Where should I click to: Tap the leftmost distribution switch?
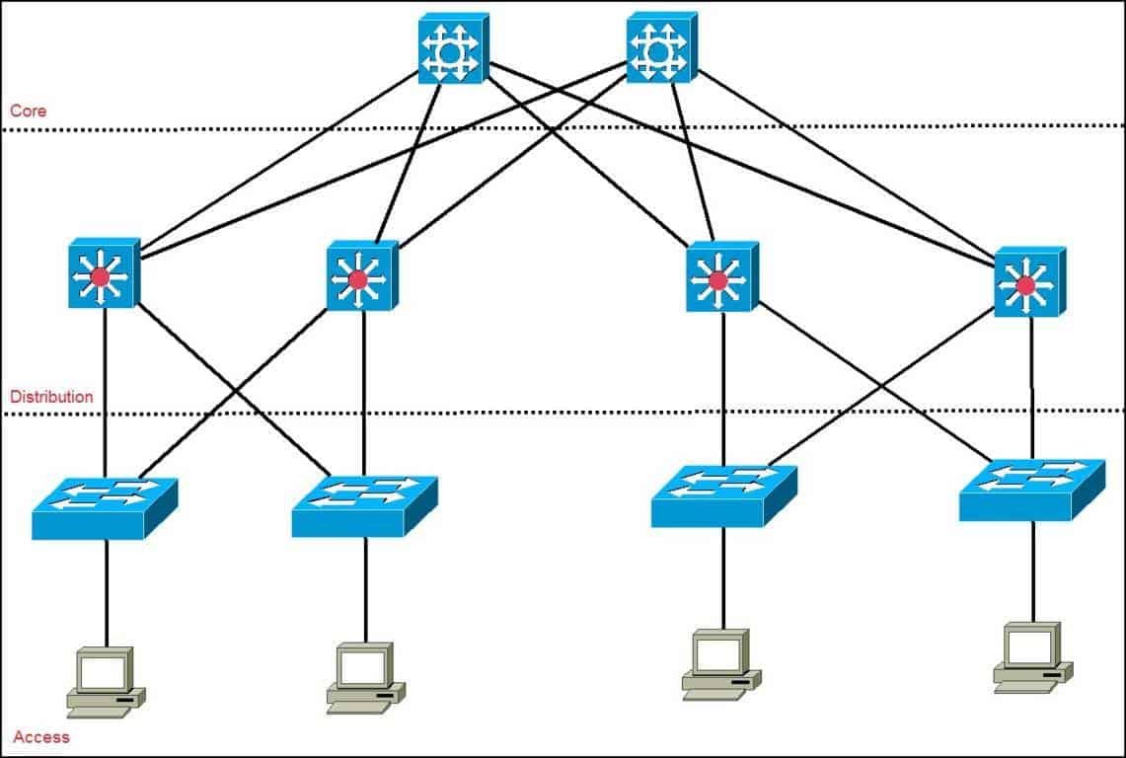(104, 273)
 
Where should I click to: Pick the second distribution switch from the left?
(361, 276)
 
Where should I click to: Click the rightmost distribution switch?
(1029, 281)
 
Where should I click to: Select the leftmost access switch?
(104, 507)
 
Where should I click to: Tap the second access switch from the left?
(364, 505)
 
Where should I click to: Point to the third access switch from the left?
(723, 495)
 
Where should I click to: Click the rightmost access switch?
(1031, 489)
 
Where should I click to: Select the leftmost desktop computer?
(106, 682)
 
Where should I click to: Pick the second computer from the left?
(365, 678)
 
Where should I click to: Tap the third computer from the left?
(721, 664)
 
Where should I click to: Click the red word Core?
(28, 111)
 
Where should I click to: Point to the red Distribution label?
(51, 397)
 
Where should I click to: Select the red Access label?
(41, 736)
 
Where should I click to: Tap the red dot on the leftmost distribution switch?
(100, 277)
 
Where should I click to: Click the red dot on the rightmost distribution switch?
(1025, 285)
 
